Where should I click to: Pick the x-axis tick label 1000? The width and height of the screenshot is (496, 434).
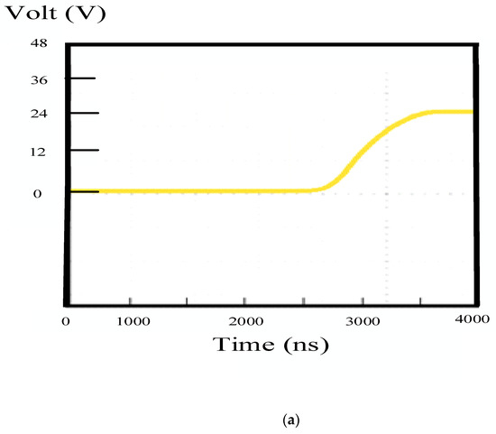click(x=131, y=321)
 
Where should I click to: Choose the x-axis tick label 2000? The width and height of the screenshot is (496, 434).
click(x=244, y=321)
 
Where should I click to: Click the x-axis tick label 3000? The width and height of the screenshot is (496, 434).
click(x=361, y=321)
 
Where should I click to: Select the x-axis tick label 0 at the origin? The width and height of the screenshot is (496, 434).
click(x=66, y=321)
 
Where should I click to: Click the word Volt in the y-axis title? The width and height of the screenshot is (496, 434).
click(x=27, y=14)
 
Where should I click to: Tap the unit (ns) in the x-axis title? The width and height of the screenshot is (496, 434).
click(x=304, y=346)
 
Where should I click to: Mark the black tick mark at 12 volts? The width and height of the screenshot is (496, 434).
click(x=83, y=150)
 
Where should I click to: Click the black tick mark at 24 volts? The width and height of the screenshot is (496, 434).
click(x=83, y=113)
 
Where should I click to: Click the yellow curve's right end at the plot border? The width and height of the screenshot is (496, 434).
click(x=469, y=112)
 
